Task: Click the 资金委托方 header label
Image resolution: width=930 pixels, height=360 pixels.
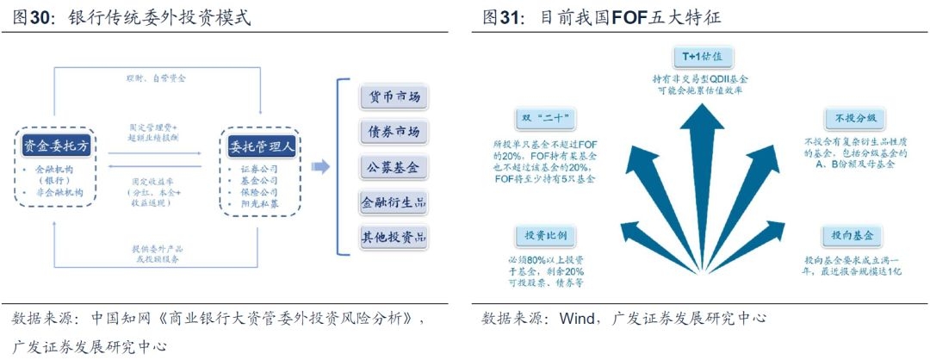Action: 56,146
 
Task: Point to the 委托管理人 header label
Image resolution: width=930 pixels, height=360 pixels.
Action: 260,146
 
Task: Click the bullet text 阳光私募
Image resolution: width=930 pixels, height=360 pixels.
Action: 259,206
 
